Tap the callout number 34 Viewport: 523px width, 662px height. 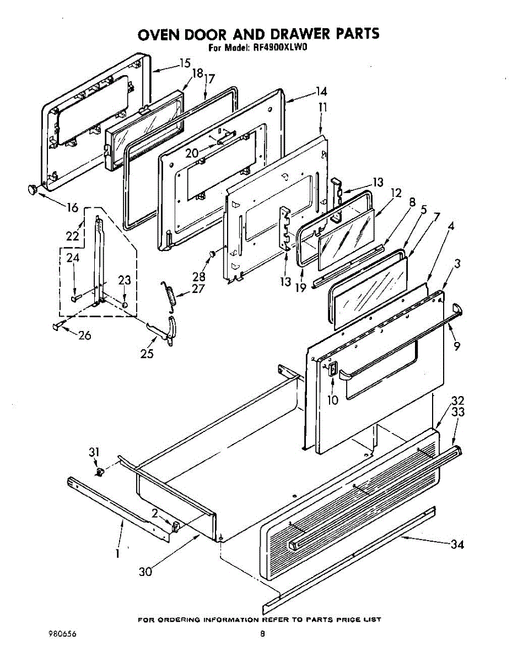coord(457,545)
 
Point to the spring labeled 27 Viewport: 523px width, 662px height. coord(171,296)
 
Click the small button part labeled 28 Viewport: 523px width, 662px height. coord(211,254)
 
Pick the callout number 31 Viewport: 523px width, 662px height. coord(94,452)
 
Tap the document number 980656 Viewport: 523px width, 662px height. coord(62,634)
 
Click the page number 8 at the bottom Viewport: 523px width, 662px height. coord(263,634)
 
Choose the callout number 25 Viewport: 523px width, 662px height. coord(147,354)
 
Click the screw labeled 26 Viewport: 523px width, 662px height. coord(57,327)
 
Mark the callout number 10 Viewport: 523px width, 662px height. coord(332,400)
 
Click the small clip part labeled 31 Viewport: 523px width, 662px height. coord(100,472)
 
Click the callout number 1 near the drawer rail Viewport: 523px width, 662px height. coord(117,553)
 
